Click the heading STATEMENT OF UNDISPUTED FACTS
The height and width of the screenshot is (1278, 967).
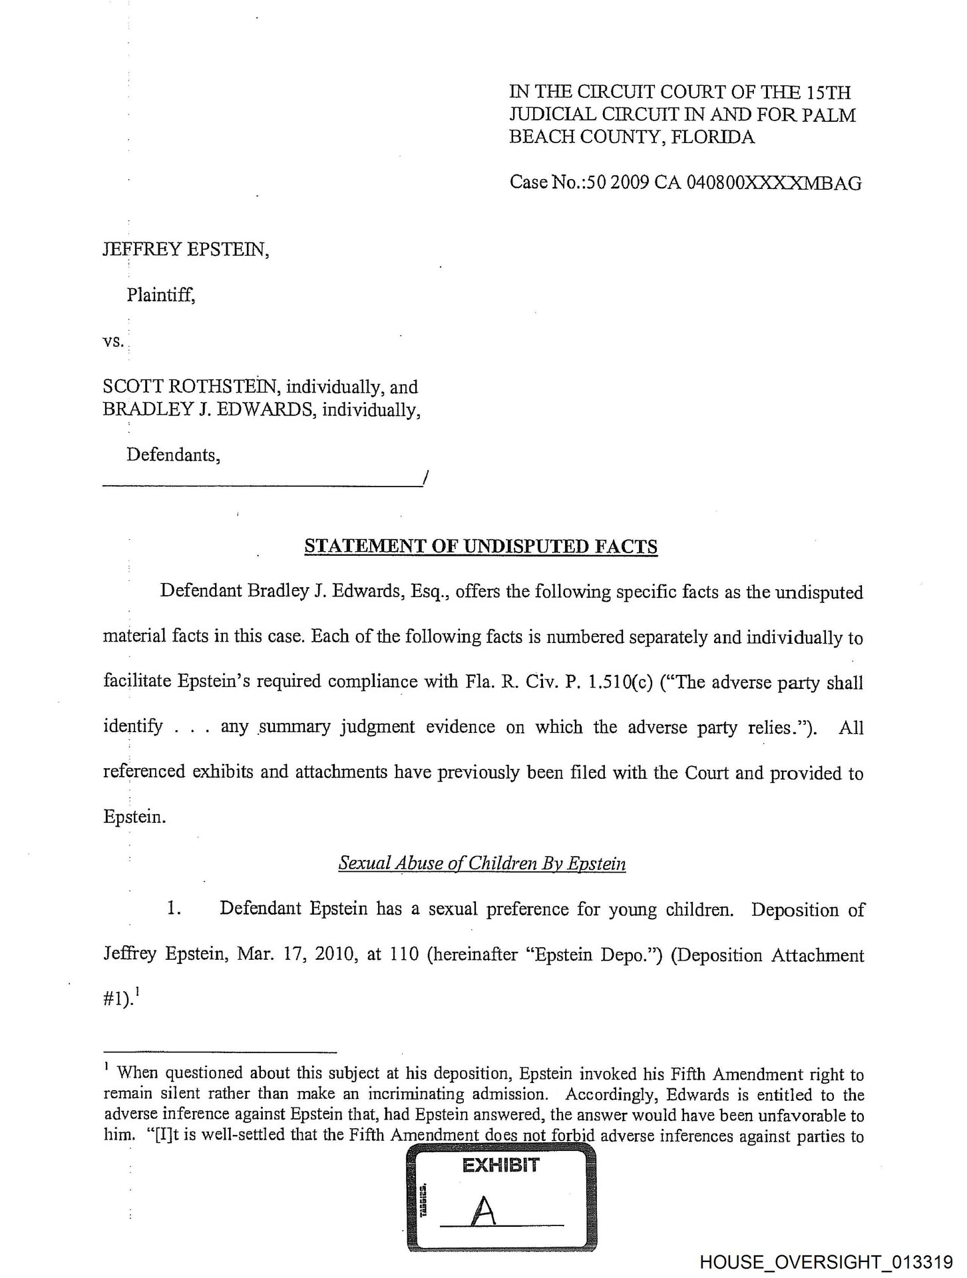coord(481,546)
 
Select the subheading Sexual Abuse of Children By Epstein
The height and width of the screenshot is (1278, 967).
coord(482,863)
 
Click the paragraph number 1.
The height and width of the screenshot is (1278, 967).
coord(174,909)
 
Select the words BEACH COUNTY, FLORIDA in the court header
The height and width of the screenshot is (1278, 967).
coord(632,137)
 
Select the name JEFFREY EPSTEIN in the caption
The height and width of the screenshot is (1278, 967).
coord(186,250)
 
